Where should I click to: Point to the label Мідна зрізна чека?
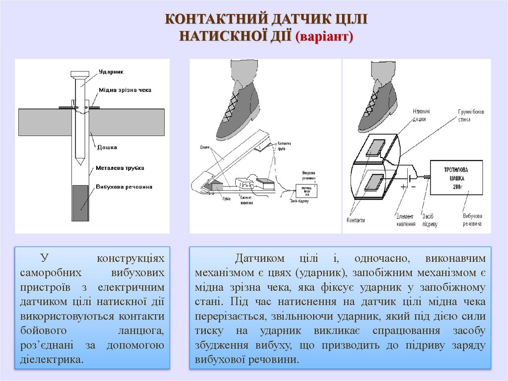tap(125, 90)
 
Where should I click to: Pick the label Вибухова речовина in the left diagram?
tap(124, 187)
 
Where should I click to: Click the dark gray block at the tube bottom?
tap(79, 203)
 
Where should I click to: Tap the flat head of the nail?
tap(79, 74)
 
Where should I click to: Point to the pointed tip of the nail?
tap(79, 162)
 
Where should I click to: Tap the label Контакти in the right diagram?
tap(356, 220)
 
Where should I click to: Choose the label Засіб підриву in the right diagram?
tap(430, 220)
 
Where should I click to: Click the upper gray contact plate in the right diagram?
tap(375, 148)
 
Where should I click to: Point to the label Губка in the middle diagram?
tap(227, 199)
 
